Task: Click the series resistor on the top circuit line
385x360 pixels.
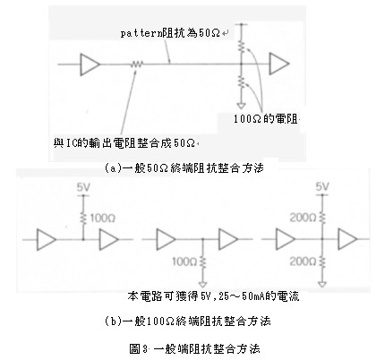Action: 137,64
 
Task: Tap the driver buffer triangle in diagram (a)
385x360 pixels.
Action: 90,64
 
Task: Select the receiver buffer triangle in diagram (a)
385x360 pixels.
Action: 279,64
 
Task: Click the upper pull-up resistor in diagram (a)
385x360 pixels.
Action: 242,47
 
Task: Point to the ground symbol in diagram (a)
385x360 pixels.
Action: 241,106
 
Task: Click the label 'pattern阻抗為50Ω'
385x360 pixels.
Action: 171,33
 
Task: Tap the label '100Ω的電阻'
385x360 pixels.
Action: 265,119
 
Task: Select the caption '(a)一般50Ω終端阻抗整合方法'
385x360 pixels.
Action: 184,168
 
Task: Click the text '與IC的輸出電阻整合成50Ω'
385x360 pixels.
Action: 124,143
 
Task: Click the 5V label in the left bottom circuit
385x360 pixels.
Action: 83,187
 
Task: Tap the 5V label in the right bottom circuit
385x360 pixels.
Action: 322,187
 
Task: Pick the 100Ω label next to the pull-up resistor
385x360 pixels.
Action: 102,219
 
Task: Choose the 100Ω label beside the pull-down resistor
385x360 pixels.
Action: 184,261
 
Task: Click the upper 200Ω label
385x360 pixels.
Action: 303,218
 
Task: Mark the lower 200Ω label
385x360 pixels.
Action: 303,261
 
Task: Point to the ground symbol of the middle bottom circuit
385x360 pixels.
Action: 203,284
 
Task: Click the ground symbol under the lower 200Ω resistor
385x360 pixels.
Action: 322,284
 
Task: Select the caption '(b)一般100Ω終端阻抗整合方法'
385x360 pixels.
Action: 188,321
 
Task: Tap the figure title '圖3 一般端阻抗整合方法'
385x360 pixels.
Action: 194,348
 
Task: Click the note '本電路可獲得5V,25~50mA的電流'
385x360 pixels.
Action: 213,296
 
